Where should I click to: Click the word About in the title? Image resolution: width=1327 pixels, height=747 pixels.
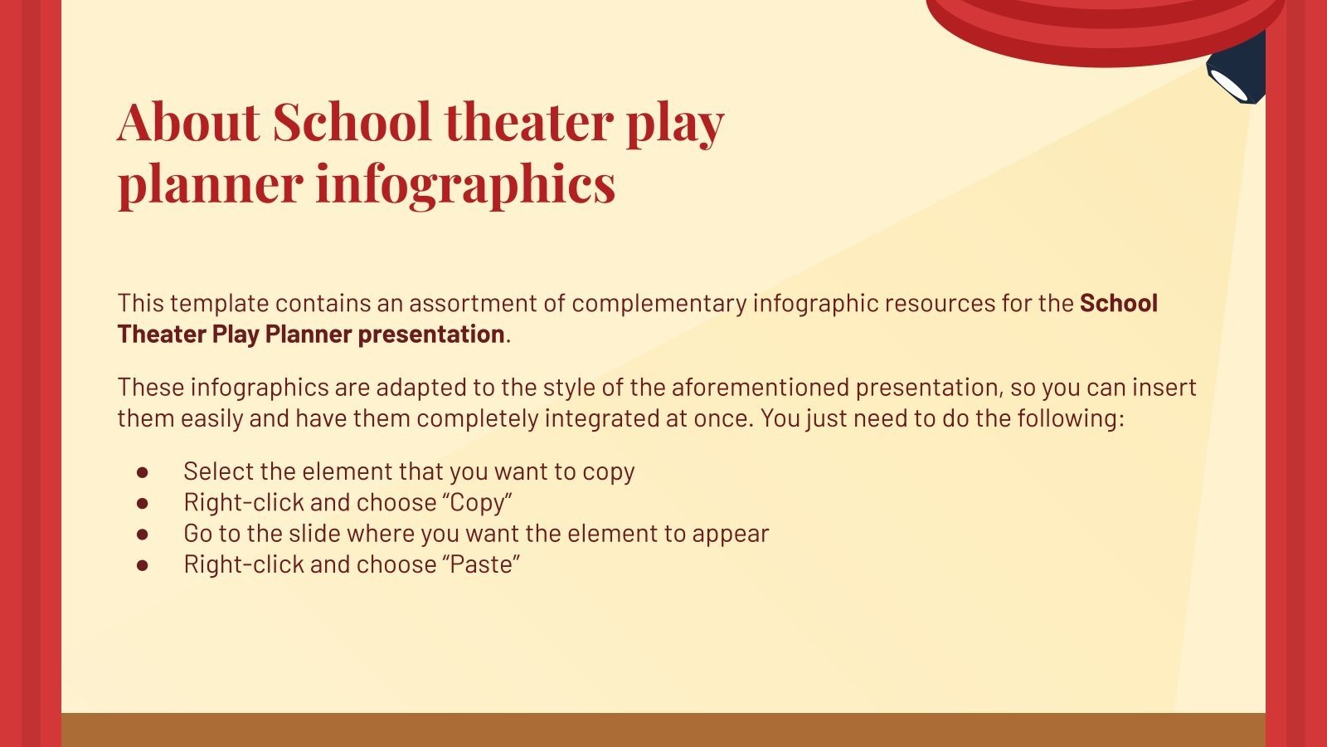(x=189, y=122)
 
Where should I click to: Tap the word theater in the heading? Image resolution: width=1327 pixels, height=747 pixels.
(x=529, y=122)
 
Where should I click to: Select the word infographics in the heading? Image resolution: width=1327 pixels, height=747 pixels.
(x=465, y=183)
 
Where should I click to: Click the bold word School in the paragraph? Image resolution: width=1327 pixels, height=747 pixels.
(x=1118, y=304)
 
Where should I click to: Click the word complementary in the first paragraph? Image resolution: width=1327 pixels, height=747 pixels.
(x=658, y=304)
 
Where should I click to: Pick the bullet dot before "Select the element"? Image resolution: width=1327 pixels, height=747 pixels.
(x=143, y=472)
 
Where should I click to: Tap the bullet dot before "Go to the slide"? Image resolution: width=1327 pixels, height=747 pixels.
(x=143, y=534)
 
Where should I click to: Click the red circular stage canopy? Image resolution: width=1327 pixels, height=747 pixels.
(x=1103, y=25)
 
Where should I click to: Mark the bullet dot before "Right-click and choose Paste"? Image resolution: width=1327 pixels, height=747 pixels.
(x=143, y=565)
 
